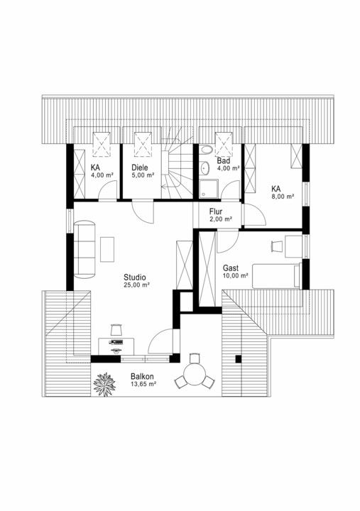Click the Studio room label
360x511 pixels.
[x=135, y=278]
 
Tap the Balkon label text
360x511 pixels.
[x=142, y=376]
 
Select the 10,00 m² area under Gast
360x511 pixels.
[x=236, y=275]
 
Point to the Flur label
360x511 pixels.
[x=216, y=211]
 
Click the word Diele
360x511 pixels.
[x=140, y=167]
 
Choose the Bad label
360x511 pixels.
[x=224, y=160]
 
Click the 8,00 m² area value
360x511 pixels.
[x=283, y=197]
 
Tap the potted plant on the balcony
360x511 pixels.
[x=104, y=385]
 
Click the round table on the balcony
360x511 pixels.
[x=195, y=375]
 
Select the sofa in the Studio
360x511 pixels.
[x=84, y=249]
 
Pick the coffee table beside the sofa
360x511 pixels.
[x=107, y=249]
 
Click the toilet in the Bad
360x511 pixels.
[x=206, y=150]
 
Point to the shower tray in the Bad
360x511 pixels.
[x=209, y=189]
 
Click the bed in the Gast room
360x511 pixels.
[x=276, y=276]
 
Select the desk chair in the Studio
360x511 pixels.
[x=116, y=329]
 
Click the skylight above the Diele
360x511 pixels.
[x=143, y=144]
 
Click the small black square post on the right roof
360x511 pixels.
[x=239, y=359]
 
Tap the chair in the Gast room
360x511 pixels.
[x=276, y=246]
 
